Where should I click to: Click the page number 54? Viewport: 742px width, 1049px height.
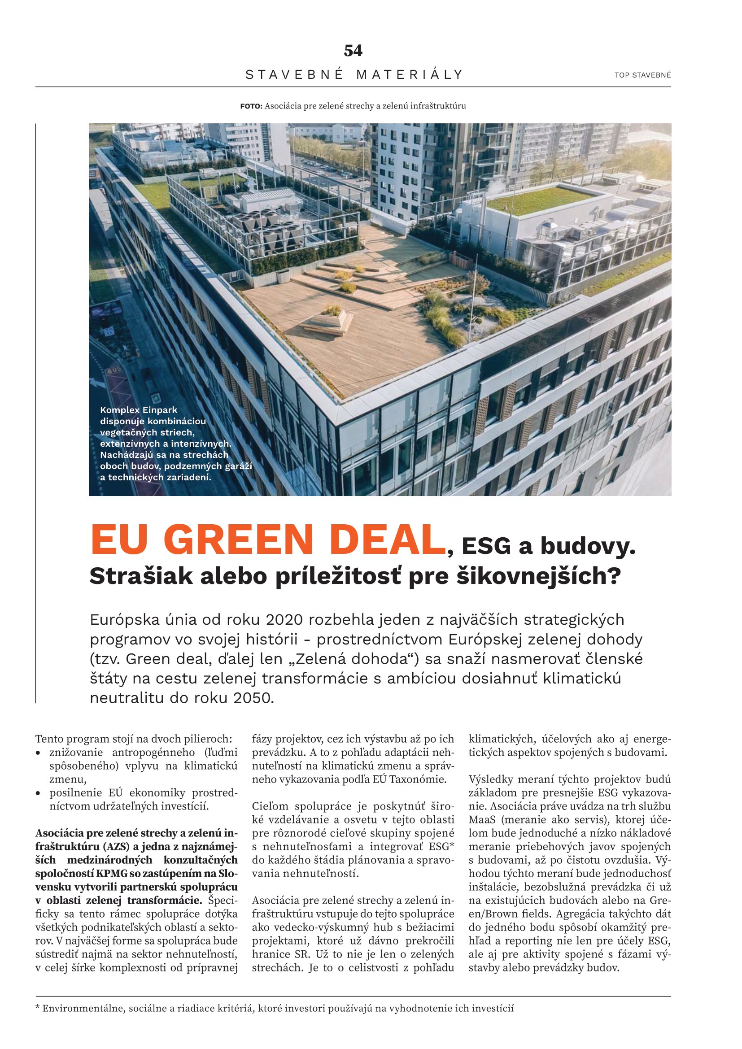[353, 51]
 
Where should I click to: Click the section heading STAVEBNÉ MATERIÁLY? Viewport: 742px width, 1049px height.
[354, 74]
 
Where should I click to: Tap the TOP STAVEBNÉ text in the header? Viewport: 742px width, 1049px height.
[642, 75]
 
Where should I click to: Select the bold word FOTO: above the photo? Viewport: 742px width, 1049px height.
[251, 106]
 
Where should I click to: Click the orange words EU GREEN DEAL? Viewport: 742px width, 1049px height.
[268, 540]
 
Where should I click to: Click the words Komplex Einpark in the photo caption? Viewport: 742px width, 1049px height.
[139, 410]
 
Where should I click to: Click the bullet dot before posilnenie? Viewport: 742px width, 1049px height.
[39, 793]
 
